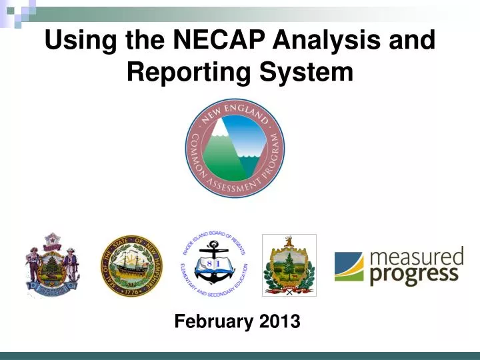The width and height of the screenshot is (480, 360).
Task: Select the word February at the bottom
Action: pos(213,322)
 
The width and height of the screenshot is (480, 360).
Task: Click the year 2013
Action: pos(277,322)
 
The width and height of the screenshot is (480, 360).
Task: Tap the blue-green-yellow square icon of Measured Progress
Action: pos(349,266)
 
